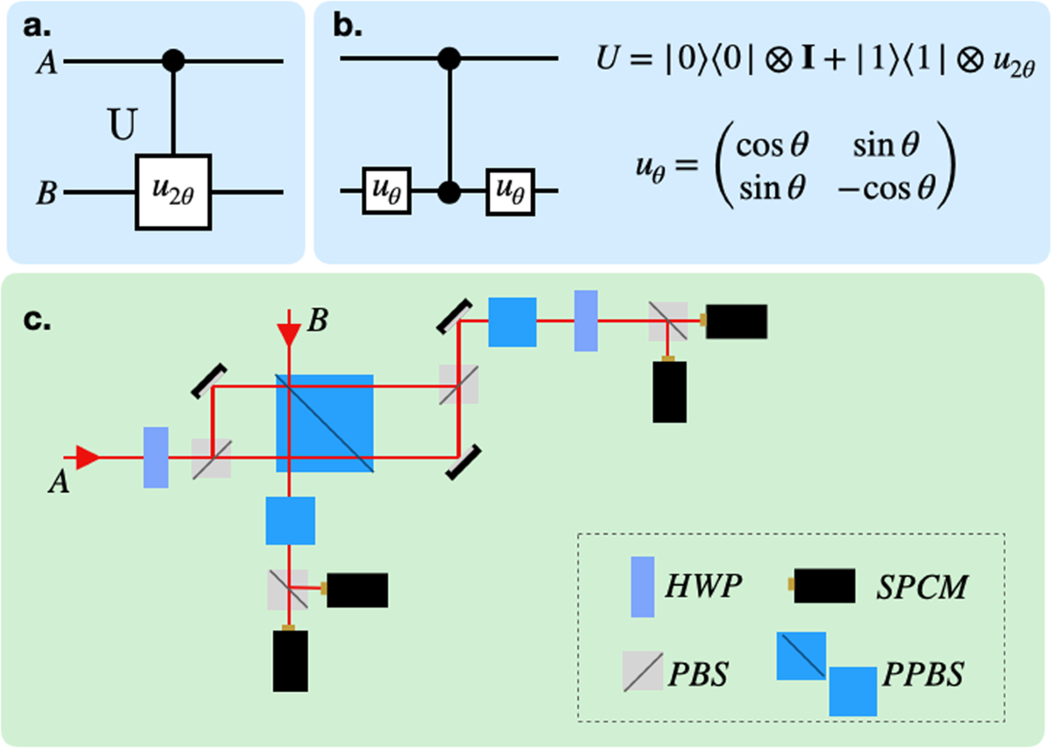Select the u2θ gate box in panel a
tap(173, 192)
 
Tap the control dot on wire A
tap(173, 61)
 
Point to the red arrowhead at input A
tap(86, 456)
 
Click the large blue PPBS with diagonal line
tap(325, 424)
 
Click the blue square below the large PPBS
tap(290, 520)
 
